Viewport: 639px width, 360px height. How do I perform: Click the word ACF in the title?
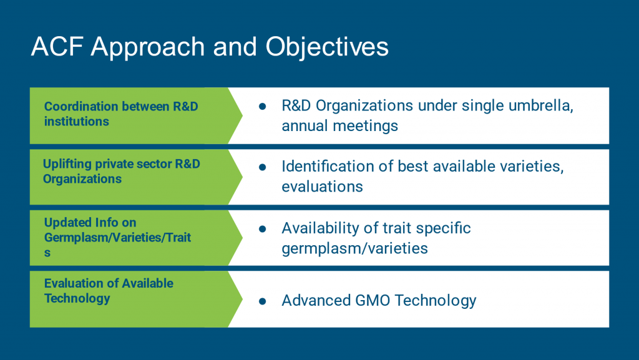click(x=57, y=46)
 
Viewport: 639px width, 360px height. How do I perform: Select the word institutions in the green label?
click(x=77, y=122)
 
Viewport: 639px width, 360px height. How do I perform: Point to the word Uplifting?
click(x=67, y=164)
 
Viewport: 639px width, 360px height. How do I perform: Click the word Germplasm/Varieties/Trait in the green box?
click(x=117, y=238)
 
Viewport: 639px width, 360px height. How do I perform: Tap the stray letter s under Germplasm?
click(x=47, y=253)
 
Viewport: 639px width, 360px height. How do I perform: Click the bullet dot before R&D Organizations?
click(x=263, y=106)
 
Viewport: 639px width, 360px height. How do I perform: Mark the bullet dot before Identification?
click(x=263, y=167)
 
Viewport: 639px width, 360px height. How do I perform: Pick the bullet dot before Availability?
click(x=263, y=229)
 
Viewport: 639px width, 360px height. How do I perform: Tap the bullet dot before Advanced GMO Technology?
click(x=263, y=301)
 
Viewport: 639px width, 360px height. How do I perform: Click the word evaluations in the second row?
click(x=322, y=187)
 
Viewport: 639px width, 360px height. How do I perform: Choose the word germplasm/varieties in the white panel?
click(x=354, y=248)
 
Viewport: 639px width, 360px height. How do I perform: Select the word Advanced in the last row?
click(x=316, y=301)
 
